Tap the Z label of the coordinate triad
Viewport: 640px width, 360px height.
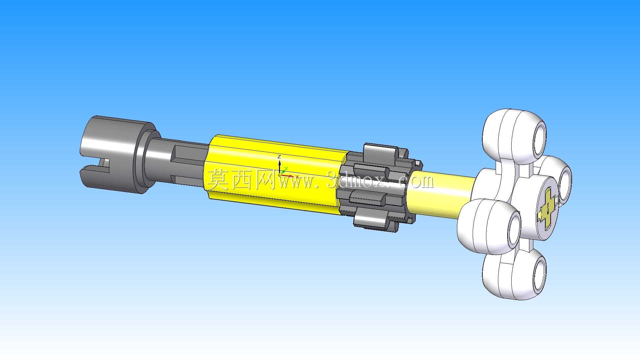[x=279, y=157]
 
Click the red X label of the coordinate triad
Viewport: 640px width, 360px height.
[x=297, y=177]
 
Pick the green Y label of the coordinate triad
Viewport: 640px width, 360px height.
[x=286, y=169]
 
